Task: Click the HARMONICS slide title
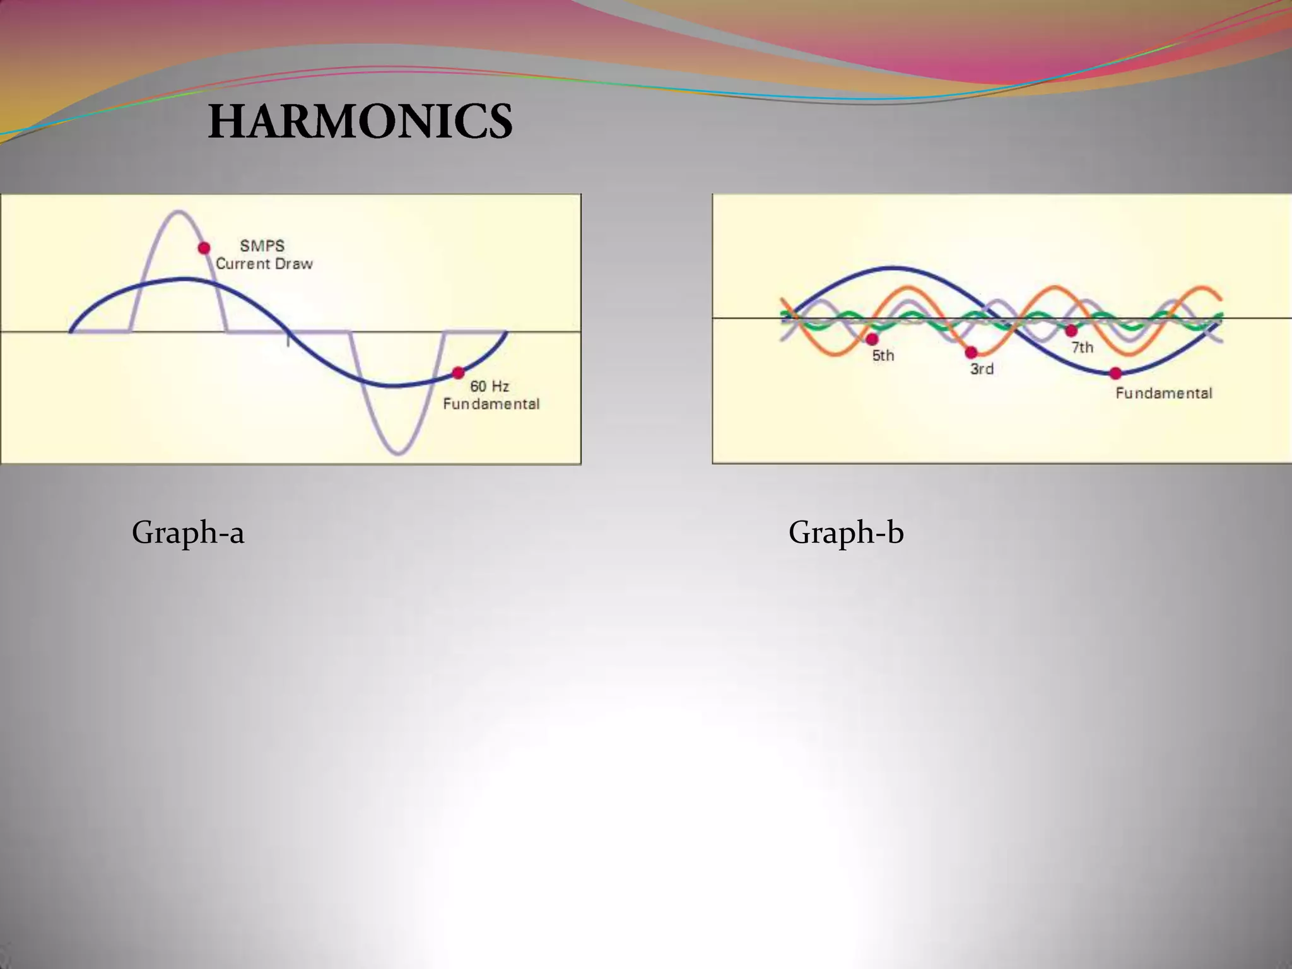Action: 360,121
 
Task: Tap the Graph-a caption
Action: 188,532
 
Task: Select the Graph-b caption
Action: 846,532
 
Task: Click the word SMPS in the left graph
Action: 262,245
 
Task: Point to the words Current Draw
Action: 264,264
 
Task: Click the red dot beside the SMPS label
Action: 204,248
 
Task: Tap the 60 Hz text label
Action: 490,386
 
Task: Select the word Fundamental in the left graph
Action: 491,404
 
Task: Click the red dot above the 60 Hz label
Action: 459,373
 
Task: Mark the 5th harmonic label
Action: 883,356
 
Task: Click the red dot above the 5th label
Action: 872,339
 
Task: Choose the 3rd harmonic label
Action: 982,369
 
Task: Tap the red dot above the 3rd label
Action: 972,352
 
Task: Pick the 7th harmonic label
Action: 1083,347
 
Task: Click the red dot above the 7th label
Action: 1071,331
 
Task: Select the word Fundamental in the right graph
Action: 1164,393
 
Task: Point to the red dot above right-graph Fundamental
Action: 1115,373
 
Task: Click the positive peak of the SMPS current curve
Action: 179,212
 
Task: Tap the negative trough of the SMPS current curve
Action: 399,452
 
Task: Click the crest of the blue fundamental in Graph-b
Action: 893,269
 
